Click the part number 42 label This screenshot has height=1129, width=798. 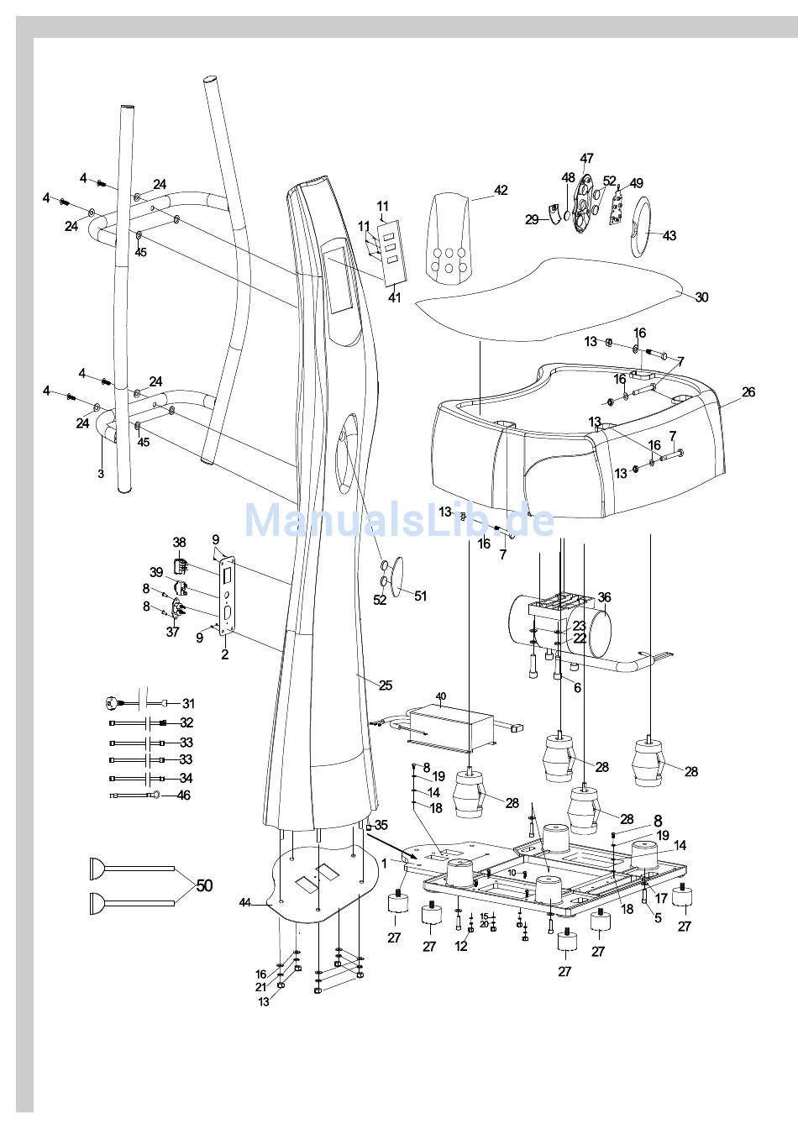pos(501,191)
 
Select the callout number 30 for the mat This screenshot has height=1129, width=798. pos(701,297)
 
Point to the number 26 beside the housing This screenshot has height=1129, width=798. pos(748,392)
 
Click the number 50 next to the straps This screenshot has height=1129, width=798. pos(204,885)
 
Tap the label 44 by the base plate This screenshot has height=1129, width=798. pos(244,902)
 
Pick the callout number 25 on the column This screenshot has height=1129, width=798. pos(385,685)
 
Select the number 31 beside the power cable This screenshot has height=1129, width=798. pos(188,704)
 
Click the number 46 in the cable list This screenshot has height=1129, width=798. pos(184,795)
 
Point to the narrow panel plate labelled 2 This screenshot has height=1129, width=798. pos(227,592)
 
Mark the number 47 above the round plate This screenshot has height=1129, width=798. pos(586,159)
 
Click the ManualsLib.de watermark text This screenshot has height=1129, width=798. pos(399,520)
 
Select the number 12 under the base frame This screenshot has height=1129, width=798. pos(461,947)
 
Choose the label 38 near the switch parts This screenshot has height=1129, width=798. pos(179,543)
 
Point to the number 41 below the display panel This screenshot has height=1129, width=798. pos(394,297)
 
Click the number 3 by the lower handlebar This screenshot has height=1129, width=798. pos(100,474)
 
